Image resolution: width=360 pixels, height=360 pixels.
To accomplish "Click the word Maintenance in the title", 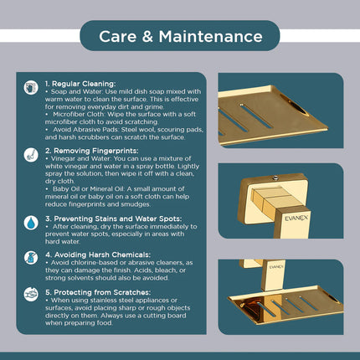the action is [x=211, y=37].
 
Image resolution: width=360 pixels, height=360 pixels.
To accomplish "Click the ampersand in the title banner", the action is [x=147, y=37].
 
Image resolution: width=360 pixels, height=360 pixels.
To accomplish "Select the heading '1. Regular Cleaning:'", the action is [x=80, y=84].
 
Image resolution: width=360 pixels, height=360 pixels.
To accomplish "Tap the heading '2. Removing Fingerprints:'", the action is [x=92, y=151].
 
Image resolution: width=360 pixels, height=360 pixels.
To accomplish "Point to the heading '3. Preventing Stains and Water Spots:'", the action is [x=113, y=219].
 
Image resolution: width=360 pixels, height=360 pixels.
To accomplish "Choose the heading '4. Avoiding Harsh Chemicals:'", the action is [x=98, y=255].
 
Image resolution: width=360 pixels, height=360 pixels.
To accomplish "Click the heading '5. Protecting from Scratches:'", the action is [x=98, y=292].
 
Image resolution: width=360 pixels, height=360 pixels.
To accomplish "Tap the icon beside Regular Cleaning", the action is [x=31, y=88].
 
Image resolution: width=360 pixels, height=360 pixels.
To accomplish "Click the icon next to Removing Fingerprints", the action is [x=31, y=155].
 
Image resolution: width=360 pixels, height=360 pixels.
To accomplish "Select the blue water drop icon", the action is [x=31, y=223].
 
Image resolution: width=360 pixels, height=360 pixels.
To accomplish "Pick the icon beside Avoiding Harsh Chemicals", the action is [x=31, y=258].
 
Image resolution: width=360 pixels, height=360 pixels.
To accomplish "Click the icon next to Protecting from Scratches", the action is [x=31, y=295].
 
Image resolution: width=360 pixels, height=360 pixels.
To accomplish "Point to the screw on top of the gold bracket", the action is [x=275, y=177].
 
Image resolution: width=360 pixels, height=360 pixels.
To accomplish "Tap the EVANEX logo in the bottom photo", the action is [x=276, y=267].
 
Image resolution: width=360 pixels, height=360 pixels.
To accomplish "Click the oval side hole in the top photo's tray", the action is [x=294, y=104].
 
